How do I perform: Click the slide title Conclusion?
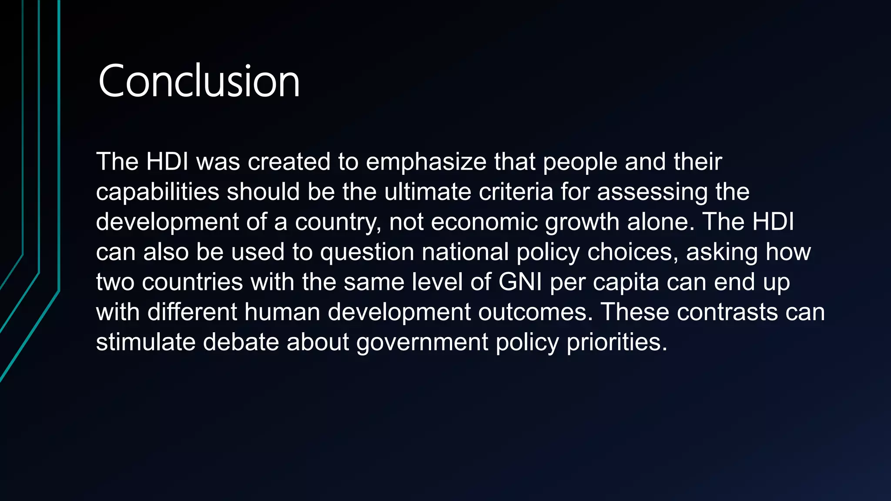[x=199, y=81]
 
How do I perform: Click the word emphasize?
[x=426, y=162]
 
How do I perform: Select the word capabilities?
[x=157, y=192]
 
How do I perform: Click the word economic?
[x=484, y=222]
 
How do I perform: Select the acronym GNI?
[x=520, y=282]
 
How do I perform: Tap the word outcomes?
[x=536, y=312]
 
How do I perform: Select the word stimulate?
[x=146, y=342]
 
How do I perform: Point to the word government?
[x=422, y=342]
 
